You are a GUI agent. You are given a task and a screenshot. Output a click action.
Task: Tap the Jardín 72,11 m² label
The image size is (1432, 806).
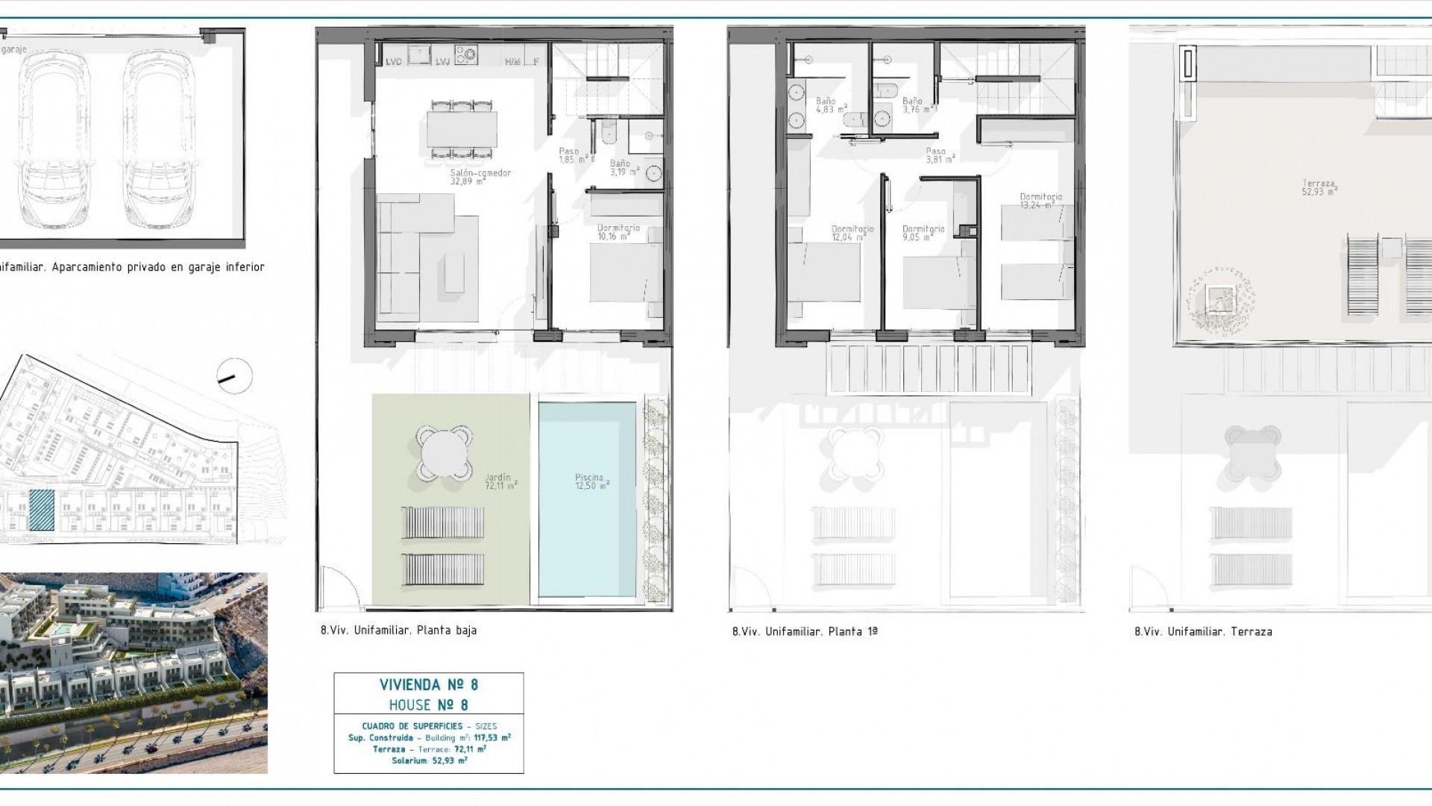coord(500,481)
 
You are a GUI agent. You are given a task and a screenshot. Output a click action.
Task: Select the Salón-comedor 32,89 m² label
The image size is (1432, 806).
coord(480,177)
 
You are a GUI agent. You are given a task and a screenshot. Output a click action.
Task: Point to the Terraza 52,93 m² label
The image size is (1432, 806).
coord(1319,187)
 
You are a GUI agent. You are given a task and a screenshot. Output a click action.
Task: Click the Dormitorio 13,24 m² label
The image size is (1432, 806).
coord(1040,201)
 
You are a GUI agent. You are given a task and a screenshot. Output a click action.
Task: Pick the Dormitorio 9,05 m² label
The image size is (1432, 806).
coord(923,233)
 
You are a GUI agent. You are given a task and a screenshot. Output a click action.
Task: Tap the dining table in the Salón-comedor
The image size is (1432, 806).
coord(462,129)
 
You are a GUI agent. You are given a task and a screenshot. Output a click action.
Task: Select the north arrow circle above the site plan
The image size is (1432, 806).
coord(233,377)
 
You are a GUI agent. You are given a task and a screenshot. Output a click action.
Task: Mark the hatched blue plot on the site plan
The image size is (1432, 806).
coord(42,510)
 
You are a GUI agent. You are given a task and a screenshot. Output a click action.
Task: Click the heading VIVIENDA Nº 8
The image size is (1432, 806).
coord(428,684)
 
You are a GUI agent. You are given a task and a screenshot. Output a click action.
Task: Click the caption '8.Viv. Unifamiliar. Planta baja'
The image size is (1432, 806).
coord(398,630)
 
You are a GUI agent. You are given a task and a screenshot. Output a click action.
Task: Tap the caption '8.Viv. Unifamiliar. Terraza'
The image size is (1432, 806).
coord(1202,631)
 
